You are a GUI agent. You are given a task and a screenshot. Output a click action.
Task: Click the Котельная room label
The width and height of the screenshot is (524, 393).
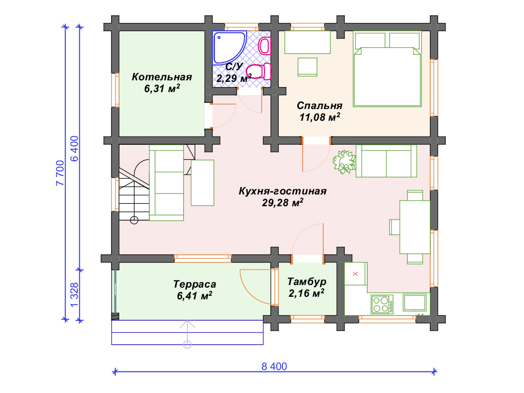(162, 77)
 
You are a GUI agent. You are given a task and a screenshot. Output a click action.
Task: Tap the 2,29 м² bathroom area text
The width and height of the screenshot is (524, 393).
(233, 78)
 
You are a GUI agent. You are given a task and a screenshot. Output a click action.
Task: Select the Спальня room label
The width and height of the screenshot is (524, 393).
(319, 105)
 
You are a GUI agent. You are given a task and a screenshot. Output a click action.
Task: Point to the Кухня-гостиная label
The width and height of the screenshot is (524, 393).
(282, 191)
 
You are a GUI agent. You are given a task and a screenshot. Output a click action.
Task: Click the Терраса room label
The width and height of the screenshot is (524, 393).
(194, 284)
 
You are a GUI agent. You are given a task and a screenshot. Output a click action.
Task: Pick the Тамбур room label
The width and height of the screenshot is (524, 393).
(307, 282)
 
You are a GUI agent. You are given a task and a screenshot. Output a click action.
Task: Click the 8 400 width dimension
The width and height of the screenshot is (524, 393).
(274, 366)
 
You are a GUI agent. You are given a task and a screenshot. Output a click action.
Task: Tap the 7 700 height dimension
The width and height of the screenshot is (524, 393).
(60, 173)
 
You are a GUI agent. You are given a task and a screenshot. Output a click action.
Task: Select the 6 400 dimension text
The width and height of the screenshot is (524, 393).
(75, 148)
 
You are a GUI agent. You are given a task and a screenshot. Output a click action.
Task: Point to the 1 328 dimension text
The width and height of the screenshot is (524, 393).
(75, 295)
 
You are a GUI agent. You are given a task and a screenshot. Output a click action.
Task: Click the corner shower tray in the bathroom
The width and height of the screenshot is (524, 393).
(229, 48)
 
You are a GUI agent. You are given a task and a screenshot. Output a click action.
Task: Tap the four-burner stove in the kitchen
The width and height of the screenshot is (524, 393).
(382, 304)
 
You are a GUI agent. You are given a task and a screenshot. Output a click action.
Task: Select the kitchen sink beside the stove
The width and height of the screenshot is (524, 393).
(414, 302)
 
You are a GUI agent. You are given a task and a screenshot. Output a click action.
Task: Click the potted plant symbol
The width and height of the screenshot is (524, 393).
(344, 162)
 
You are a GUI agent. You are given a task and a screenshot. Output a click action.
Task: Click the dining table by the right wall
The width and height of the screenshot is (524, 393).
(414, 227)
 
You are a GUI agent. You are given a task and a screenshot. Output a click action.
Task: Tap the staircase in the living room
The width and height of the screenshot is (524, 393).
(134, 190)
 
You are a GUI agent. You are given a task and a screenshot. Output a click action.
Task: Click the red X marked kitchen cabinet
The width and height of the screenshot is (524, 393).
(356, 274)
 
